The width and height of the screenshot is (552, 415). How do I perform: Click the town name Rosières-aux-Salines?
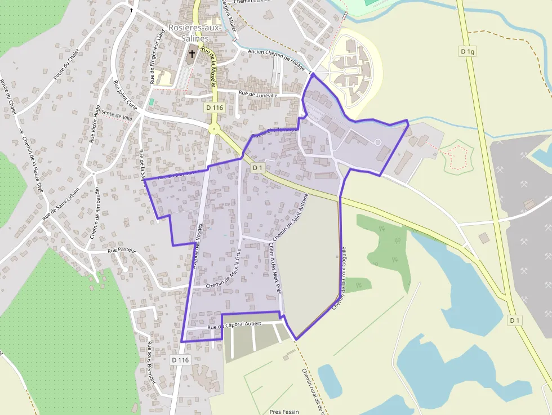tap(189, 33)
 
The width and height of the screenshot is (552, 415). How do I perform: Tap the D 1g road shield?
tap(468, 52)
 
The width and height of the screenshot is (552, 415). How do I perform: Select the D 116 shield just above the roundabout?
tap(215, 107)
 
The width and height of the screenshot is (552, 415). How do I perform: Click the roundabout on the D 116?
tap(214, 129)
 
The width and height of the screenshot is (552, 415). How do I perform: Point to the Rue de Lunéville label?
tap(259, 94)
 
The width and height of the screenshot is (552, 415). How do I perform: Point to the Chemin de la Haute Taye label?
tap(32, 163)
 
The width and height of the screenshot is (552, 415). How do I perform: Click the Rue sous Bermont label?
tap(150, 362)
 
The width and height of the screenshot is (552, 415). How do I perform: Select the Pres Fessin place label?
tap(284, 412)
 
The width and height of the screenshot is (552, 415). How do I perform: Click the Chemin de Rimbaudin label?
tap(94, 213)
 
